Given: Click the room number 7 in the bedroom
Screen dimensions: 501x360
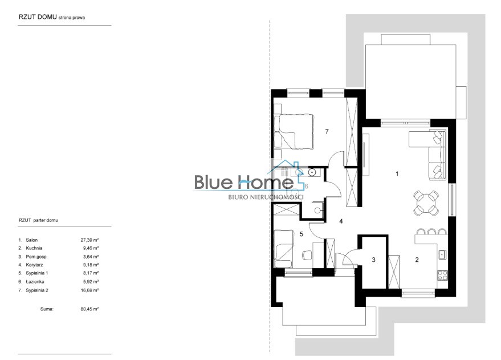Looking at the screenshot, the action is point(327,131).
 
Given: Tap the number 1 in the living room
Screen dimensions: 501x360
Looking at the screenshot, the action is point(397,173).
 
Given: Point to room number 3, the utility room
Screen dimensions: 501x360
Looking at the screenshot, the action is point(373,260).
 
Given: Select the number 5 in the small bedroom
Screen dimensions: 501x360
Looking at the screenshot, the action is point(302,234).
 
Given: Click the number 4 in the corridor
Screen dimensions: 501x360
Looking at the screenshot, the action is point(341,221).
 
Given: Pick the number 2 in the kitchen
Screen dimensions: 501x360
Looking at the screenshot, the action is point(417,260).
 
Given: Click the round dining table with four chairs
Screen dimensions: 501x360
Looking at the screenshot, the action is point(426,203).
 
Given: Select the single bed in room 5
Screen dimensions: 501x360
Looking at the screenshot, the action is point(284,249).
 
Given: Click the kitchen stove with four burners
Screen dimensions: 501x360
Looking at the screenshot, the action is point(442,275).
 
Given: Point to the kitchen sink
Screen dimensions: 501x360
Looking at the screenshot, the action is point(443,254).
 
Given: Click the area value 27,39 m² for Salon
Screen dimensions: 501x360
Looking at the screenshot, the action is point(89,240).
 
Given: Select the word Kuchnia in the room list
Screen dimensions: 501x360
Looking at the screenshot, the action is point(34,248).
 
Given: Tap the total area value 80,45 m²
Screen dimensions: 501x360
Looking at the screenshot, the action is point(89,309).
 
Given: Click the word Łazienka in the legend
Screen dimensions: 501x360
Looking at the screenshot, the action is point(35,282).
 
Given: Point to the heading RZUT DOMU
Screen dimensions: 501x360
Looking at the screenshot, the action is point(38,17).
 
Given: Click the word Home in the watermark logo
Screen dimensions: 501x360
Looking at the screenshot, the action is point(268,182).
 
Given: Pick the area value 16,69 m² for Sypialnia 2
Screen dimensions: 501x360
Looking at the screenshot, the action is point(89,290).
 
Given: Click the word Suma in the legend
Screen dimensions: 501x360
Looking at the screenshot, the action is point(47,309).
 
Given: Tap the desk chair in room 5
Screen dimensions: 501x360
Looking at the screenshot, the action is point(307,254).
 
